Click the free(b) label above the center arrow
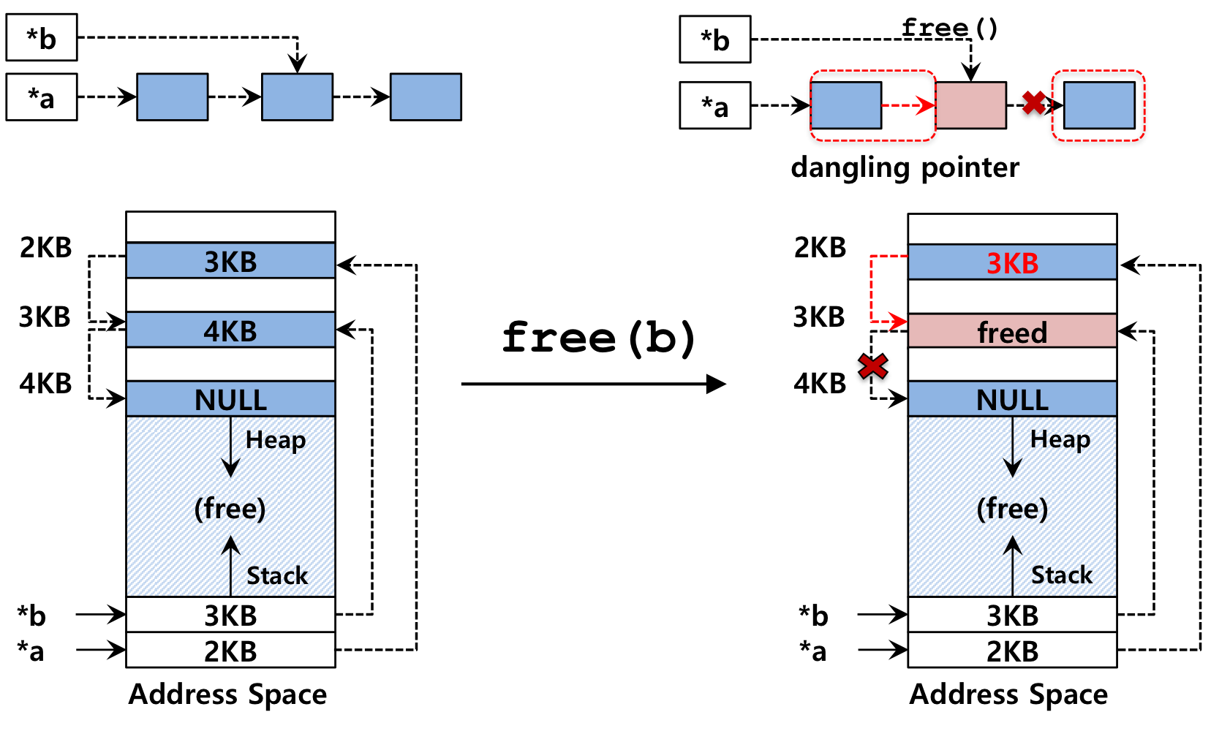point(598,338)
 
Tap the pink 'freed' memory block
point(1012,331)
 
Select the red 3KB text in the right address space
point(1012,263)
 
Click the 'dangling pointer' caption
point(905,167)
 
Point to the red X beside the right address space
point(872,367)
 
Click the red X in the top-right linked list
point(1034,103)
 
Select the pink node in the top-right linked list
point(971,105)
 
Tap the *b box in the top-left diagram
point(42,37)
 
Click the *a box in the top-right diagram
point(715,105)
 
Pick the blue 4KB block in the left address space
point(230,330)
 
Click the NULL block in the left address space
point(230,399)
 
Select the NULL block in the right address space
point(1012,399)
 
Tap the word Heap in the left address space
point(275,440)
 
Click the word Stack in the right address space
point(1061,575)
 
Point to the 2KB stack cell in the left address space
point(230,650)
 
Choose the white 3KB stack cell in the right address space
point(1012,615)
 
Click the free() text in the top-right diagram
point(949,28)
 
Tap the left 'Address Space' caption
point(228,694)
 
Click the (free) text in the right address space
point(1012,508)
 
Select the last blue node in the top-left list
point(426,96)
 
